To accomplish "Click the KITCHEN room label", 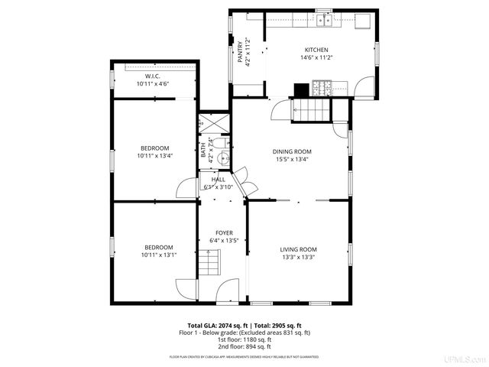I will (317, 50).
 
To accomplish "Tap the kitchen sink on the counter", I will (327, 20).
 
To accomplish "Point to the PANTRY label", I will (240, 53).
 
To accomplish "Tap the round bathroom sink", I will (222, 159).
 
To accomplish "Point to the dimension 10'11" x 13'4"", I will (154, 156).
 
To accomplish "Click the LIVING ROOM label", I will (297, 249).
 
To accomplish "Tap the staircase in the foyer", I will (209, 265).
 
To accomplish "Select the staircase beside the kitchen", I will (313, 110).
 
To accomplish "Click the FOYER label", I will (224, 232).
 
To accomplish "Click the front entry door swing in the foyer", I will (226, 288).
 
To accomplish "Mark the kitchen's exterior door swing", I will (363, 88).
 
